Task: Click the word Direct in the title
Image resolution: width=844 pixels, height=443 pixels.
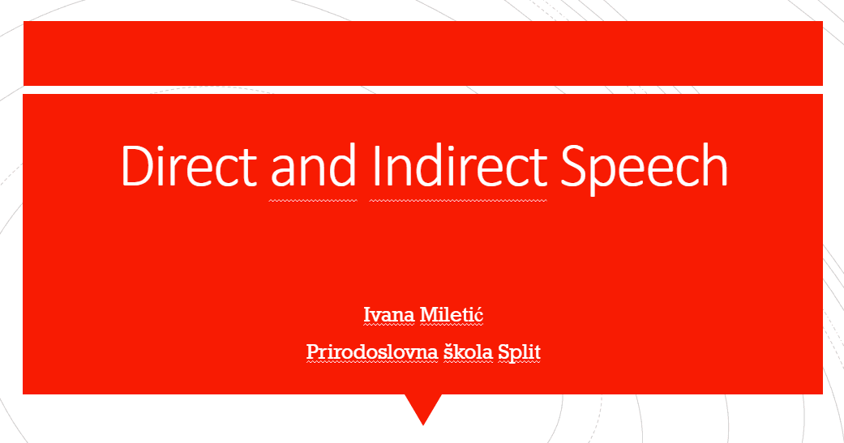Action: coord(189,165)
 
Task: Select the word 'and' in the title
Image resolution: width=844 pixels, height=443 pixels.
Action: coord(313,165)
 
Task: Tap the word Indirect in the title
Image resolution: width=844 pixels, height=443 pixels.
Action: coord(459,165)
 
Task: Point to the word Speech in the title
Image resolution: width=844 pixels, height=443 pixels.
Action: coord(645,168)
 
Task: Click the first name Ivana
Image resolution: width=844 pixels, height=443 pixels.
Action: coord(389,314)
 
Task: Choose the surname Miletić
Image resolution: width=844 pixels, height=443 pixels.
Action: coord(451,314)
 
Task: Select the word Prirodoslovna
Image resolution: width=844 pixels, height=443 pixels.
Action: coord(372,352)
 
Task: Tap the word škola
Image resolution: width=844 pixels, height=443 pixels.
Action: coord(468,352)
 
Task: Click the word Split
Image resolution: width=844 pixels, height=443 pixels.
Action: coord(519,353)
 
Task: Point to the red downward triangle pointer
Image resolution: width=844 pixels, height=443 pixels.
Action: coord(423,407)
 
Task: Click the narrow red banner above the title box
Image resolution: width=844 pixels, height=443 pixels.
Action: coord(423,53)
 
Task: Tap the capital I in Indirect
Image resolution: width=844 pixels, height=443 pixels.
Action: coord(375,165)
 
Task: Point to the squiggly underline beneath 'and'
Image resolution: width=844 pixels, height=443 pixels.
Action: coord(313,201)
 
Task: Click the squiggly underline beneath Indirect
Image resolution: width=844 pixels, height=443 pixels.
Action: coord(458,201)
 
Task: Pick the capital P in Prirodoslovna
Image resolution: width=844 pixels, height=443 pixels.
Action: coord(314,352)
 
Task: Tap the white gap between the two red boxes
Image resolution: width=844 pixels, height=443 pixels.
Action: coord(423,90)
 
